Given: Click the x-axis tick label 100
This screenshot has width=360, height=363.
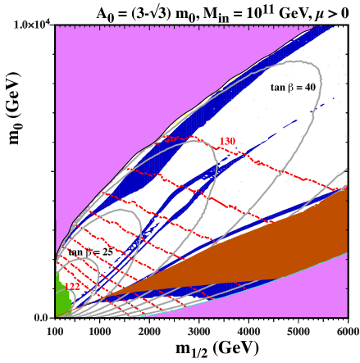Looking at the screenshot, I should [55, 331].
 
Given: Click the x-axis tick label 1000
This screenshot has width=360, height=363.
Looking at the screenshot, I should [99, 331].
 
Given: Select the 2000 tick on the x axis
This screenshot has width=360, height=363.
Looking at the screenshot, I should [149, 331].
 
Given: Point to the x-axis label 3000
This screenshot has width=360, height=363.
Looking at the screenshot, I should [198, 331].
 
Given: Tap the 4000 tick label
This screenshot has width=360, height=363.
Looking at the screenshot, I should [248, 331].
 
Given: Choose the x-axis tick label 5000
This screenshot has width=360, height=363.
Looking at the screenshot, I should [298, 331].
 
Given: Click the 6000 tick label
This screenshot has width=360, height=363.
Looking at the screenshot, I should [347, 331].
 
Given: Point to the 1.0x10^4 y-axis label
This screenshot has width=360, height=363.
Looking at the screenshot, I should [33, 25].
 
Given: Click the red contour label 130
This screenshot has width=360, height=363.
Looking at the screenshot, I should [227, 142].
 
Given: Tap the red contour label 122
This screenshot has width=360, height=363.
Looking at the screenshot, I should [72, 287].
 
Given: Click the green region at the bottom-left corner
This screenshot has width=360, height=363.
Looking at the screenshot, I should [61, 299].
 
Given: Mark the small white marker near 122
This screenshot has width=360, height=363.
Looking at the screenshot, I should [93, 291].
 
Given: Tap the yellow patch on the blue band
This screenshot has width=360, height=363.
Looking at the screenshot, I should [175, 124].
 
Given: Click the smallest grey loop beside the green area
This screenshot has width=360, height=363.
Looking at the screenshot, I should [82, 279].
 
